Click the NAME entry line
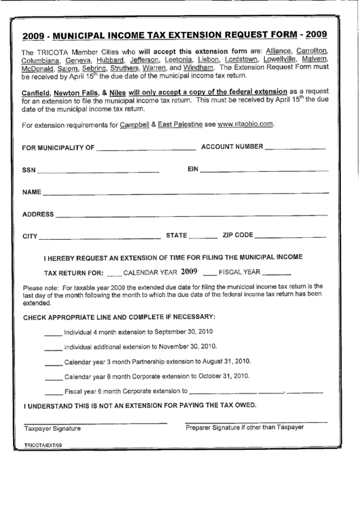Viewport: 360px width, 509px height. [x=190, y=193]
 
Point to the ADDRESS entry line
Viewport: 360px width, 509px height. [x=196, y=216]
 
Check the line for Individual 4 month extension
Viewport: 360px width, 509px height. [x=52, y=334]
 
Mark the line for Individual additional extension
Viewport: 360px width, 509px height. [x=52, y=347]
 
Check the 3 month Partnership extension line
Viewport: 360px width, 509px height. [x=52, y=362]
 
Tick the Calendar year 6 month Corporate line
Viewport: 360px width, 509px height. [x=52, y=377]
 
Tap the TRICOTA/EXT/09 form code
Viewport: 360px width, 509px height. [x=43, y=444]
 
